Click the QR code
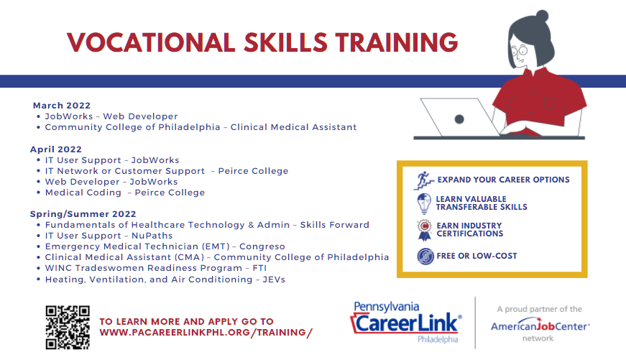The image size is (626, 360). [x=68, y=327]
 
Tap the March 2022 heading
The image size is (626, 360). [x=62, y=106]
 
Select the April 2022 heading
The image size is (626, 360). [x=57, y=149]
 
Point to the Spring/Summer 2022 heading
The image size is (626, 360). [x=83, y=214]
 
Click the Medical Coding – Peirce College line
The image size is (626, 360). [x=125, y=193]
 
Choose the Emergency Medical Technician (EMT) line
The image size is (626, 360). [x=165, y=246]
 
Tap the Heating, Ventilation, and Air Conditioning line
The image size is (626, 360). [x=165, y=279]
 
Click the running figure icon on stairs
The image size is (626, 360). [x=424, y=180]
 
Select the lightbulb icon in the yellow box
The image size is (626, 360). [x=424, y=203]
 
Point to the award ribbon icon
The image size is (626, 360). [x=424, y=230]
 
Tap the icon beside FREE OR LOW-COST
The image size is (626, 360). [x=424, y=256]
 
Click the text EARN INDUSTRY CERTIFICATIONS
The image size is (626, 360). [x=470, y=230]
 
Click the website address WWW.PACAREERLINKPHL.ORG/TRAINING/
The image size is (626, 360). [x=206, y=332]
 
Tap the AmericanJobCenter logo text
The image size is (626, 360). [x=540, y=326]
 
